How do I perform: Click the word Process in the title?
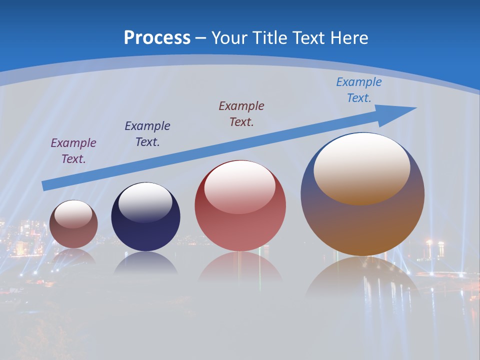click(157, 38)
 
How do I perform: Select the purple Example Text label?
click(73, 150)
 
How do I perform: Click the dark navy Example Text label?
click(147, 133)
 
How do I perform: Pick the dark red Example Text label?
click(241, 113)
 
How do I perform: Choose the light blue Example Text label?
click(359, 90)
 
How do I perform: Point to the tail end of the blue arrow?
click(45, 186)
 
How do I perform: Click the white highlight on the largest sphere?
click(362, 167)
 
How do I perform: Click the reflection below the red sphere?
click(240, 267)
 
